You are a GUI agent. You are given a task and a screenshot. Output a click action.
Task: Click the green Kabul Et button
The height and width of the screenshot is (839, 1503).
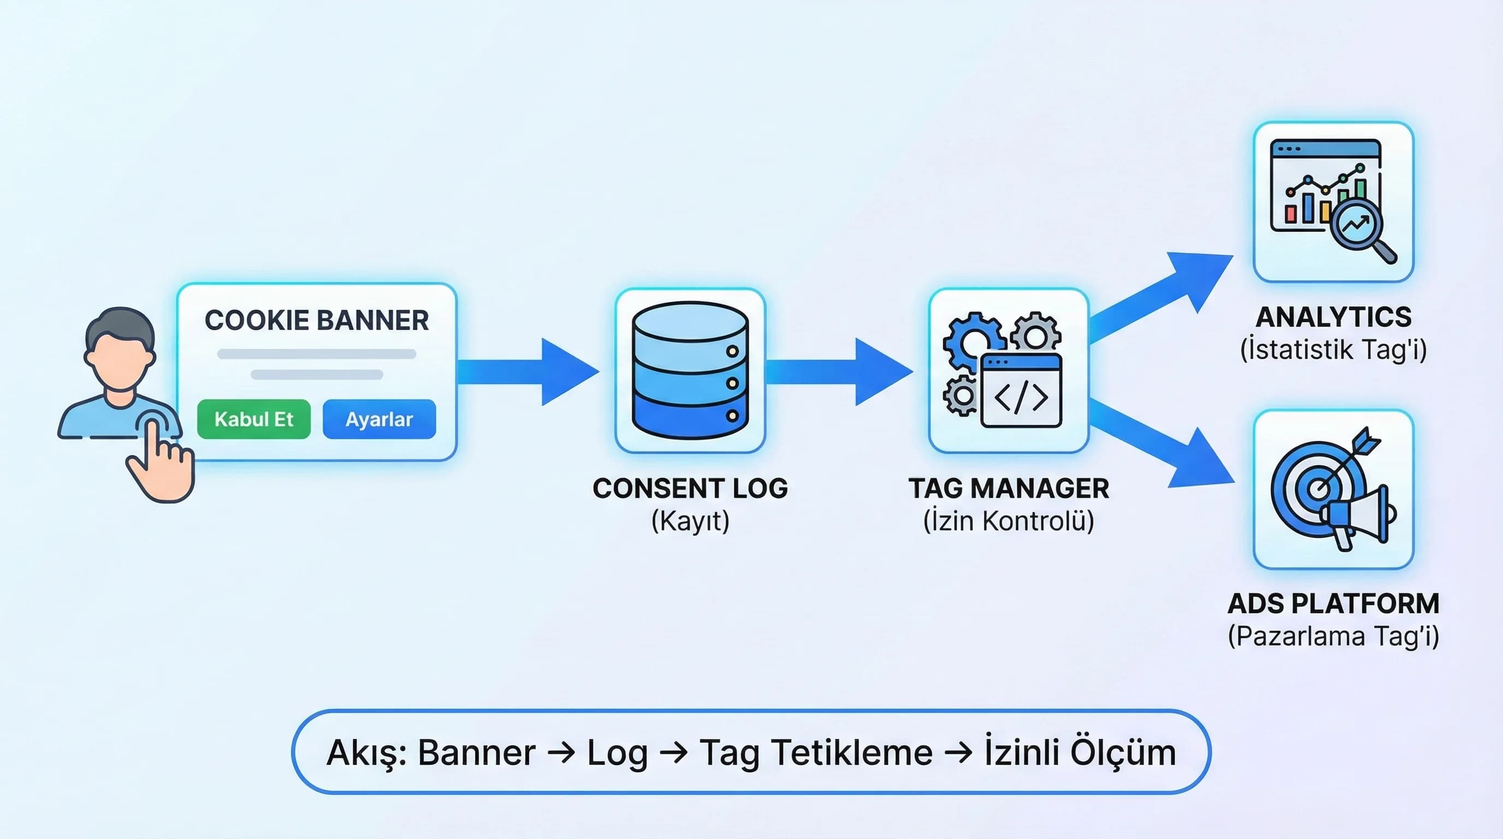(x=254, y=419)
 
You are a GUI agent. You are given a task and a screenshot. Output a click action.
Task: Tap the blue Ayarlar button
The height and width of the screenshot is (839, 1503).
(x=379, y=419)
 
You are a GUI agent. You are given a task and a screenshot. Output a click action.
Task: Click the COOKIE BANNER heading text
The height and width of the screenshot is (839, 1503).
(x=316, y=320)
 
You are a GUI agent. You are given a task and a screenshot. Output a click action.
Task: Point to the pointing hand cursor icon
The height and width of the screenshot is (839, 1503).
(x=161, y=461)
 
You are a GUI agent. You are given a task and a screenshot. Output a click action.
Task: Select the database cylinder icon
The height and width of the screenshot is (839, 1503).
(x=690, y=370)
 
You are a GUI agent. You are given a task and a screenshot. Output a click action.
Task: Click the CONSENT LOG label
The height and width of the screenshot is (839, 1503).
(x=690, y=488)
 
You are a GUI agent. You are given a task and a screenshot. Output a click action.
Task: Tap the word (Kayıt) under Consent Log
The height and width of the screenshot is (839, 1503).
(x=690, y=521)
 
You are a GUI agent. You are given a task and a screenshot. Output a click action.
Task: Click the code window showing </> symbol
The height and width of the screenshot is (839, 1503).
(x=1021, y=392)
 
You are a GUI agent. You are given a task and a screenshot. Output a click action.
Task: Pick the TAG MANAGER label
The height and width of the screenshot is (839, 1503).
(x=1009, y=488)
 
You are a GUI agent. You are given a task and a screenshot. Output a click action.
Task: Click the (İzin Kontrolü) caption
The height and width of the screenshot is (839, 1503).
(x=1009, y=521)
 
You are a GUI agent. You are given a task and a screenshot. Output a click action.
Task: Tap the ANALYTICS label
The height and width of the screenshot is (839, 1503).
(x=1333, y=317)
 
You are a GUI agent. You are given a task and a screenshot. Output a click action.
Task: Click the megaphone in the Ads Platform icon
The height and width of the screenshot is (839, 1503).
(x=1359, y=516)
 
